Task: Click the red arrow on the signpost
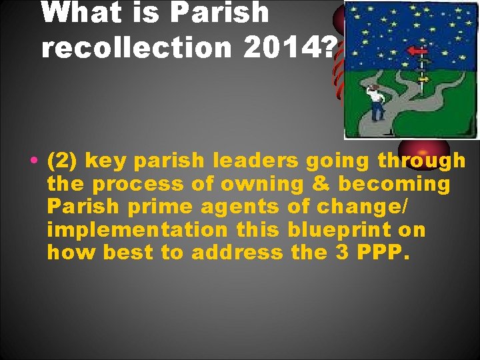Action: tap(419, 51)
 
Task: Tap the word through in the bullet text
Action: tap(421, 161)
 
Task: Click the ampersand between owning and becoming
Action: tap(309, 184)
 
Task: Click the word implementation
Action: tap(138, 230)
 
